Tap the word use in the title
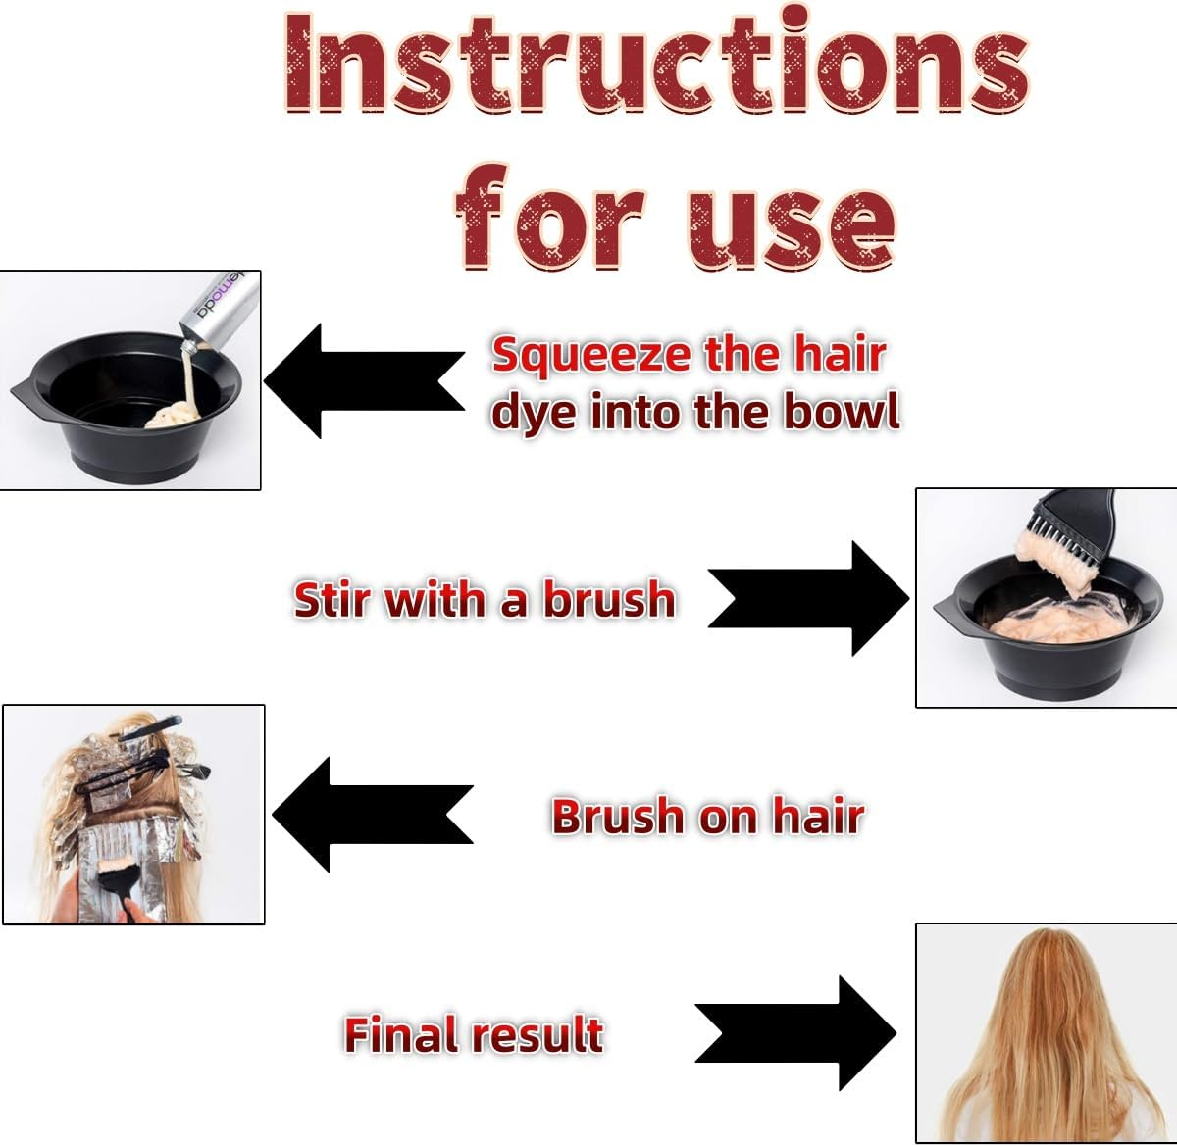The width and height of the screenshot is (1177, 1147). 791,218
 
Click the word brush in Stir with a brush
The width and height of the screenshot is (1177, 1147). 609,599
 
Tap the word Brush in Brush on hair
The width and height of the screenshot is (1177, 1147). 618,816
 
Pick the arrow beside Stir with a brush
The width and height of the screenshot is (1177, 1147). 809,598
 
